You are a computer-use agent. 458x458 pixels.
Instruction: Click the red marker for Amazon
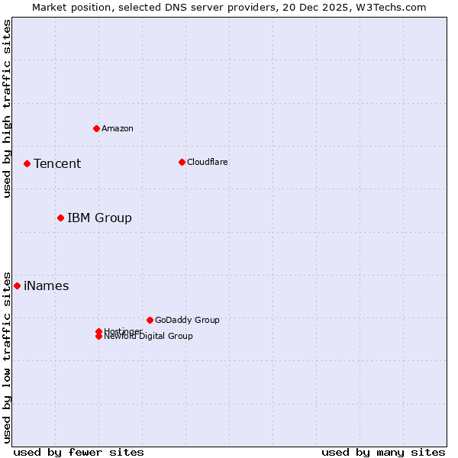tap(96, 128)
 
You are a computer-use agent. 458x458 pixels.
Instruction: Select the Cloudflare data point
tap(182, 162)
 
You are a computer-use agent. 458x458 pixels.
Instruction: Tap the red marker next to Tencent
tap(27, 163)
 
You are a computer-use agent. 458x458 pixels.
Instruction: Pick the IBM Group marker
tap(60, 218)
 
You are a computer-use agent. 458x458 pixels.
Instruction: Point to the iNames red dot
tap(17, 285)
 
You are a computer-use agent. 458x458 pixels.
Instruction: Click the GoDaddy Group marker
tap(150, 320)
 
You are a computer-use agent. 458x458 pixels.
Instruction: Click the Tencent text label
tap(57, 163)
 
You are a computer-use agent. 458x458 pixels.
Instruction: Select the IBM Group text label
tap(99, 218)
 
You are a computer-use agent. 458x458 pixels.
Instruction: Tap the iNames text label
tap(47, 286)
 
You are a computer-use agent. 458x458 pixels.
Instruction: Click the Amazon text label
tap(118, 128)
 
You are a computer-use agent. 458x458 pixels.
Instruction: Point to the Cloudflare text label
tap(208, 162)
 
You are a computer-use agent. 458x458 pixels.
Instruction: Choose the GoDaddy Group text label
tap(187, 320)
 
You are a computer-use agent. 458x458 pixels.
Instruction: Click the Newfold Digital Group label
tap(149, 337)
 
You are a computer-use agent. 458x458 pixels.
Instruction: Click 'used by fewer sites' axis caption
tap(79, 452)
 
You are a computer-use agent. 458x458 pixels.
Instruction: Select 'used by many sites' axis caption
tap(383, 452)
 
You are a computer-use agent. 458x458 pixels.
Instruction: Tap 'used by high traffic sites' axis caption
tap(7, 108)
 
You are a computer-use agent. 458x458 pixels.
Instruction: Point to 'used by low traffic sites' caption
tap(7, 356)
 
